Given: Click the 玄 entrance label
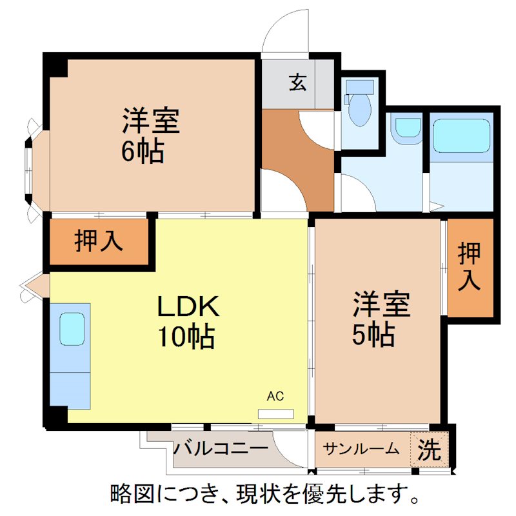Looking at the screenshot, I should click(x=297, y=83).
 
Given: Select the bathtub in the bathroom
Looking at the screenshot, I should click(x=461, y=135).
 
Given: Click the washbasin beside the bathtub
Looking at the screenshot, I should click(x=407, y=128).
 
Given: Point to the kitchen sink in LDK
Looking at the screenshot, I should click(x=72, y=329).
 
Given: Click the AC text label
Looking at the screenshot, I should click(x=275, y=396).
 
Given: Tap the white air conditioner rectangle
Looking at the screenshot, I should click(x=276, y=413).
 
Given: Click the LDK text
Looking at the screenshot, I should click(x=190, y=307).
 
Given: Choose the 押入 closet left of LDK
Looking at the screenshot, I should click(x=98, y=241).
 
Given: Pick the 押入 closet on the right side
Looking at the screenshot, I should click(x=470, y=268).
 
